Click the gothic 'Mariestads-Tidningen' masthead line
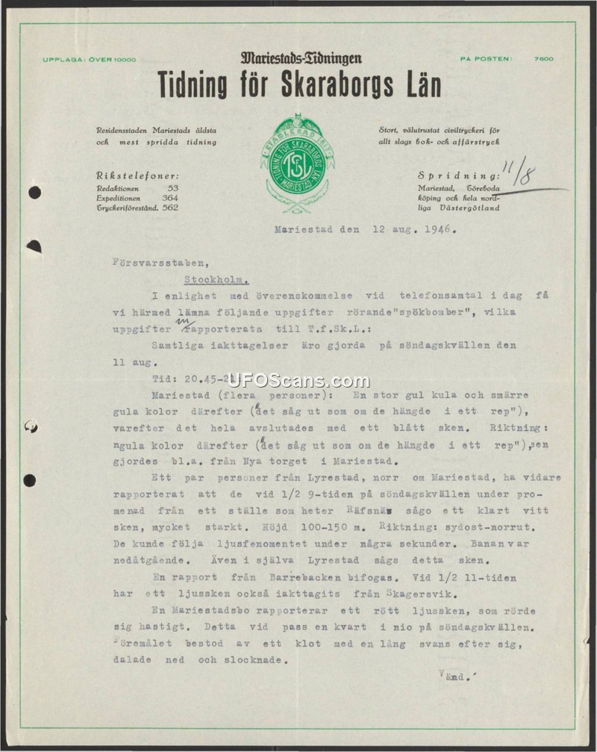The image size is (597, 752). pos(301,58)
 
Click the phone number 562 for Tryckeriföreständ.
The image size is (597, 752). pos(170,208)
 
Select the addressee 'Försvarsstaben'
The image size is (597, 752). pos(149,262)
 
